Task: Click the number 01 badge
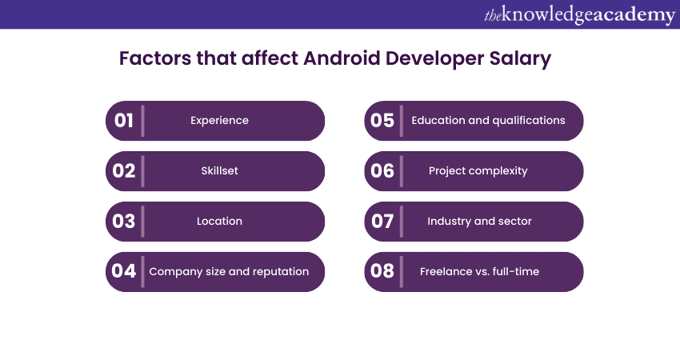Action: [123, 121]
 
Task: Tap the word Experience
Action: [219, 121]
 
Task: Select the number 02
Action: [123, 171]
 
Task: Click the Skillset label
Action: [219, 170]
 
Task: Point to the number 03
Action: [123, 222]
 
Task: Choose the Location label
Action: [219, 221]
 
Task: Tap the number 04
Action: [123, 271]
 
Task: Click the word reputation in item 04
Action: [281, 272]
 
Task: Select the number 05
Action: [382, 121]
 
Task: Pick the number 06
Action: [382, 171]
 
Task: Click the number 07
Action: [382, 222]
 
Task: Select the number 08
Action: [382, 271]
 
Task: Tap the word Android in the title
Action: [342, 58]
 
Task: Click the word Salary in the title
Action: [521, 59]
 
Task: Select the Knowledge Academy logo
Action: [580, 15]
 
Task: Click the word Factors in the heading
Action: [155, 58]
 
